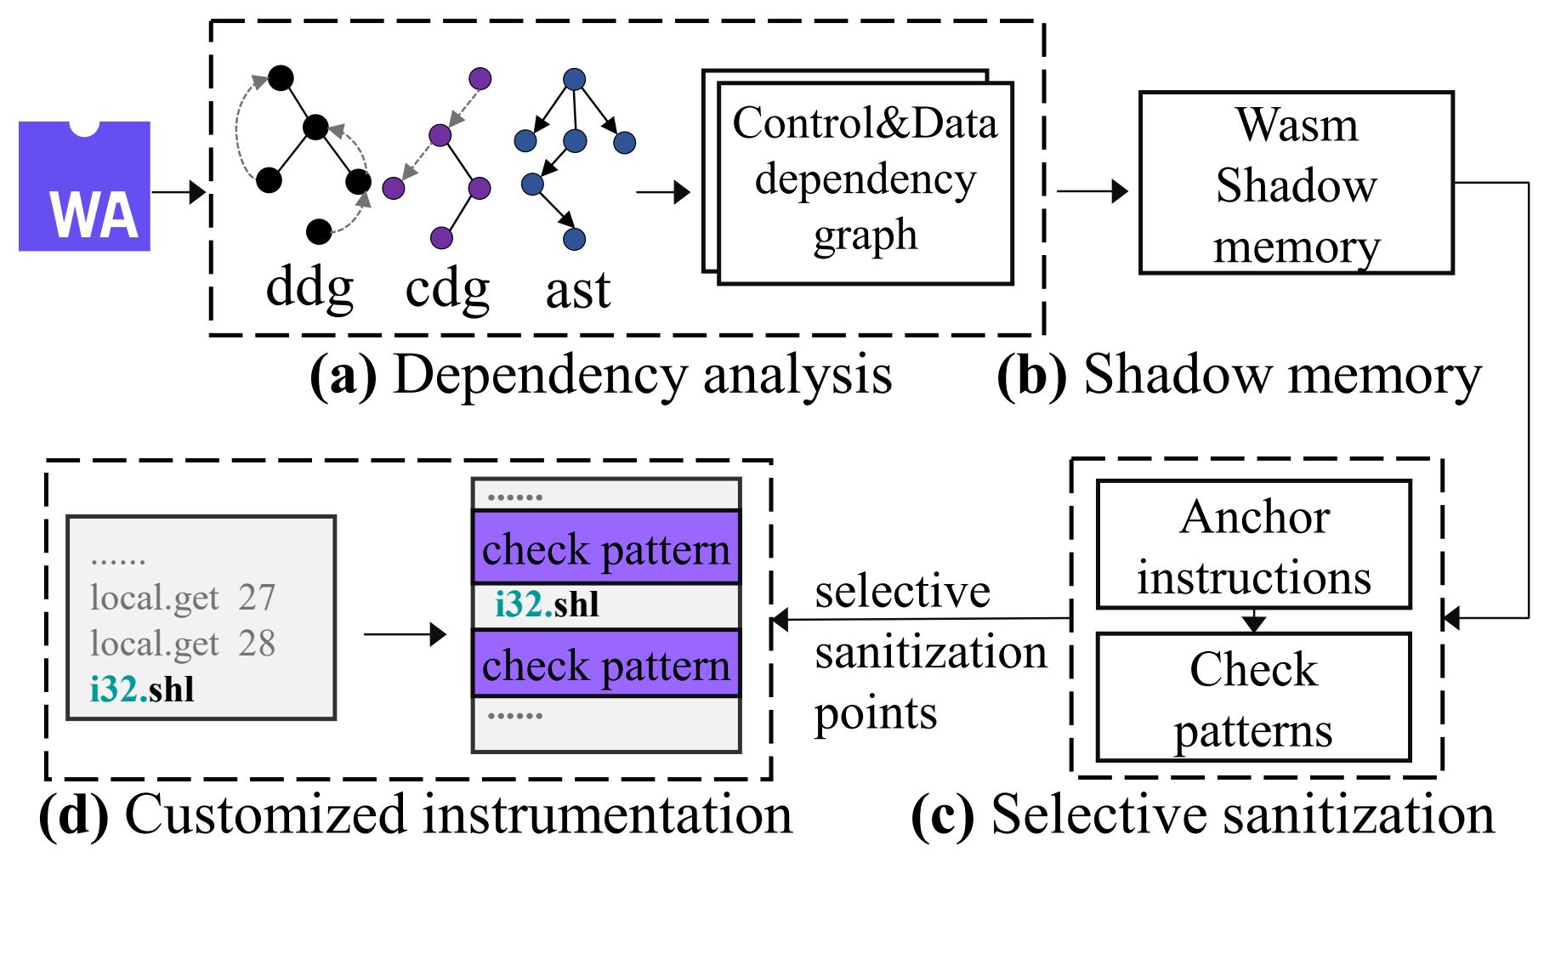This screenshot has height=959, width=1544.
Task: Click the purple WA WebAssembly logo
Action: tap(84, 186)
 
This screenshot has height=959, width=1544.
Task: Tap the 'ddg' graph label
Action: tap(309, 288)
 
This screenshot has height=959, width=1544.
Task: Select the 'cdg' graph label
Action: tap(447, 289)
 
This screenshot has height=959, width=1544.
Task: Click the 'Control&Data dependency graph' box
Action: tap(865, 182)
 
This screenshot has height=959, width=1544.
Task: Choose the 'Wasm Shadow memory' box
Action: tap(1296, 184)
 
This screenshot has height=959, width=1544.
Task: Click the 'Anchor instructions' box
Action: tap(1254, 546)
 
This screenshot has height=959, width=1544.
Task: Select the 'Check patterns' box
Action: tap(1254, 698)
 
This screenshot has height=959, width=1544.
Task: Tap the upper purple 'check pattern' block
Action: tap(606, 548)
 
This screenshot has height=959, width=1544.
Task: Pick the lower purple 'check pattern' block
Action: tap(606, 664)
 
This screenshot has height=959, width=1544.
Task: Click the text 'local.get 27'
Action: tap(183, 598)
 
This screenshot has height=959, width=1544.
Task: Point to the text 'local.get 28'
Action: tap(183, 644)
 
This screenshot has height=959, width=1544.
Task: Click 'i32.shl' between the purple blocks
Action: tap(547, 604)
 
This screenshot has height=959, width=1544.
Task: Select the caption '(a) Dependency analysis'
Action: tap(601, 374)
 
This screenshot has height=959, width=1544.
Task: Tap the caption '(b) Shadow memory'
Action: tap(1239, 374)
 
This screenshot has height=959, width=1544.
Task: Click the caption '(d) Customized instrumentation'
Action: tap(416, 814)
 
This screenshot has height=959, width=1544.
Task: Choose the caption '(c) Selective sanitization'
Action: tap(1202, 814)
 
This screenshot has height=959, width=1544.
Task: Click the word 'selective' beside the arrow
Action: tap(902, 591)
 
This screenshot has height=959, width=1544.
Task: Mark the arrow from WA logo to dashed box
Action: tap(179, 192)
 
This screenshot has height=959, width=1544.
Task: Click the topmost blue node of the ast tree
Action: tap(575, 79)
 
